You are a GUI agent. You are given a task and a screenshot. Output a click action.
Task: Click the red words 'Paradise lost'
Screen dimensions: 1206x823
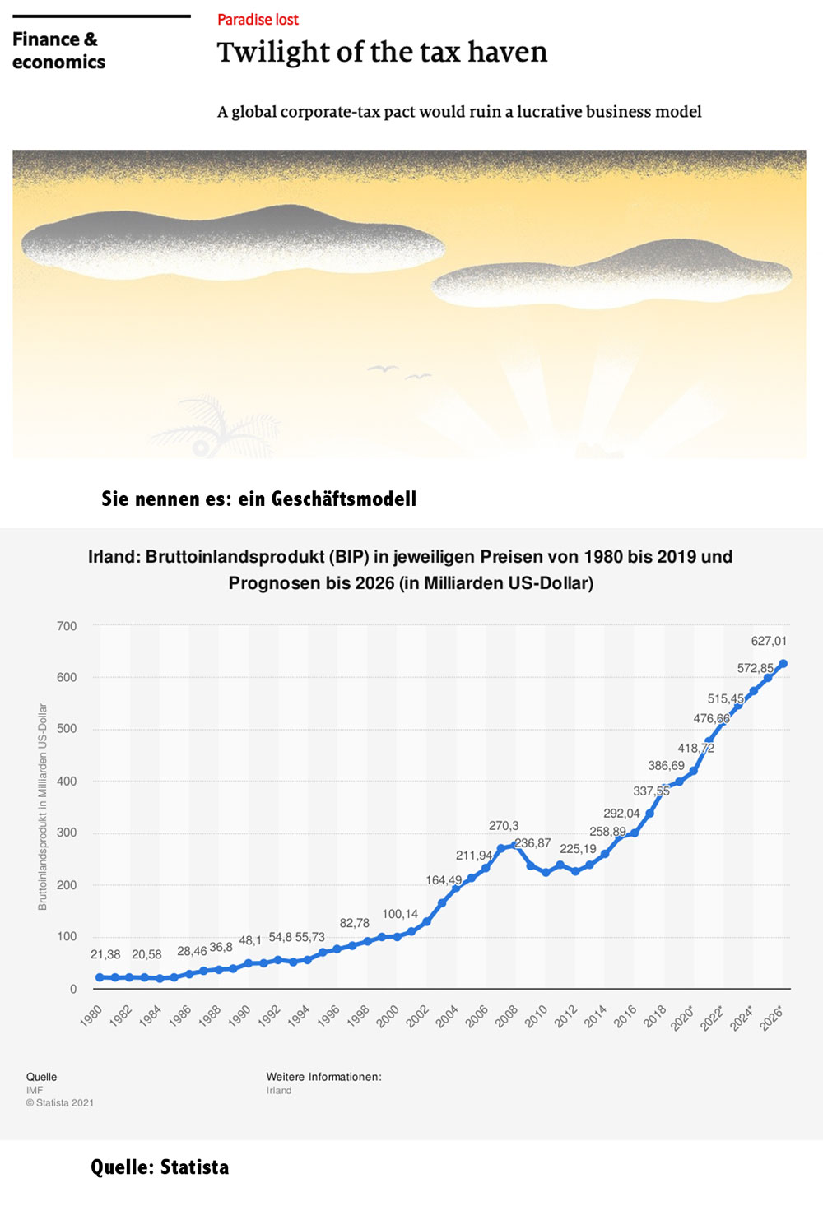pyautogui.click(x=258, y=19)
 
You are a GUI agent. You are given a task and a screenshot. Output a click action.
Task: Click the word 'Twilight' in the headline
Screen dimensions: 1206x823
pyautogui.click(x=268, y=52)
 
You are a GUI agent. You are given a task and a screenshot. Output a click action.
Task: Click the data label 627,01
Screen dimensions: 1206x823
pyautogui.click(x=769, y=641)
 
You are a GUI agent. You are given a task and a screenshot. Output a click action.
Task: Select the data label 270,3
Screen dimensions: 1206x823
pyautogui.click(x=504, y=825)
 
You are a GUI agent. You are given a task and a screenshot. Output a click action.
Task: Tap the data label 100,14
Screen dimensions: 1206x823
pyautogui.click(x=400, y=913)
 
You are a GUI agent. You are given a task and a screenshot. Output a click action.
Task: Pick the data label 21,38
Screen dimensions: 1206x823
pyautogui.click(x=105, y=954)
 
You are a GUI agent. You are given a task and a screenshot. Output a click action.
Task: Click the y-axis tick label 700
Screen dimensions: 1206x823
pyautogui.click(x=67, y=626)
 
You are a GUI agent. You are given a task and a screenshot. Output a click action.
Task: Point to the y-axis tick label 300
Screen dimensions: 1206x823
pyautogui.click(x=67, y=833)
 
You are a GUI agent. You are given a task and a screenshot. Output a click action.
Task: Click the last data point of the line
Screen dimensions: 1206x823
pyautogui.click(x=783, y=664)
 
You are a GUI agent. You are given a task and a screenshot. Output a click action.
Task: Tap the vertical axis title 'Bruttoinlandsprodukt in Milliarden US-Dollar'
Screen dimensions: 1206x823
pyautogui.click(x=43, y=806)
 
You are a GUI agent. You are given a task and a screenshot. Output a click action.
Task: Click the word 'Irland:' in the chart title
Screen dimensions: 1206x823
pyautogui.click(x=114, y=557)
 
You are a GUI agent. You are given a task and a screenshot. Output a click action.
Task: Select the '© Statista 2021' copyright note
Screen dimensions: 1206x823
pyautogui.click(x=60, y=1102)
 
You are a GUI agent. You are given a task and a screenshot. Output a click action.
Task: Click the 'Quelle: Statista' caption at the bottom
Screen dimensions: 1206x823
pyautogui.click(x=160, y=1167)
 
